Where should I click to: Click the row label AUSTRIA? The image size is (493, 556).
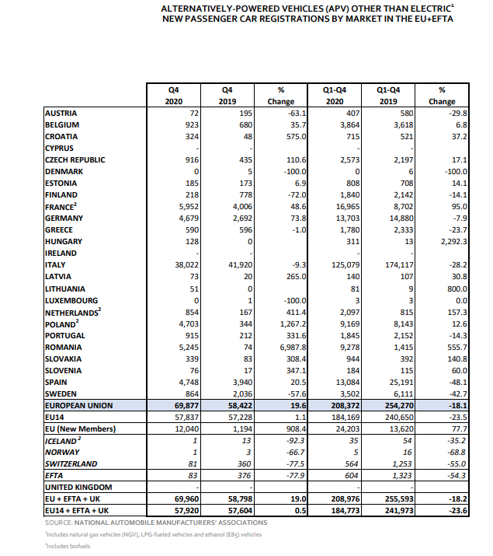[x=61, y=114]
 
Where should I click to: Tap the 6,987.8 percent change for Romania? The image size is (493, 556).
[x=292, y=347]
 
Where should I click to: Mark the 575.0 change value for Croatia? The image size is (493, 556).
[x=297, y=137]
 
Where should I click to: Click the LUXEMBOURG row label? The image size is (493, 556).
[x=71, y=300]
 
